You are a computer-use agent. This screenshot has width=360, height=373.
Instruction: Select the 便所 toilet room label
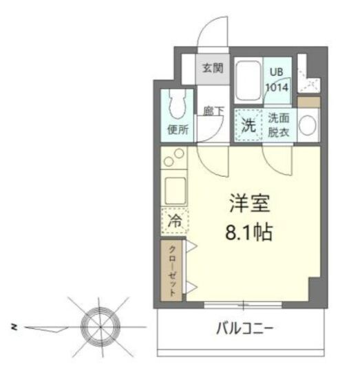coord(177,128)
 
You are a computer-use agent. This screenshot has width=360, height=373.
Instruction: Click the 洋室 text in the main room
coord(249,204)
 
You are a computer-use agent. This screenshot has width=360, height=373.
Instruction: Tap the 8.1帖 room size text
coord(249,231)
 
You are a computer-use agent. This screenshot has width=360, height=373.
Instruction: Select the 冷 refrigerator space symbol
coord(175,221)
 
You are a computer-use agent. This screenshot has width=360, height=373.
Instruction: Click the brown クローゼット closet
coord(172,270)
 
